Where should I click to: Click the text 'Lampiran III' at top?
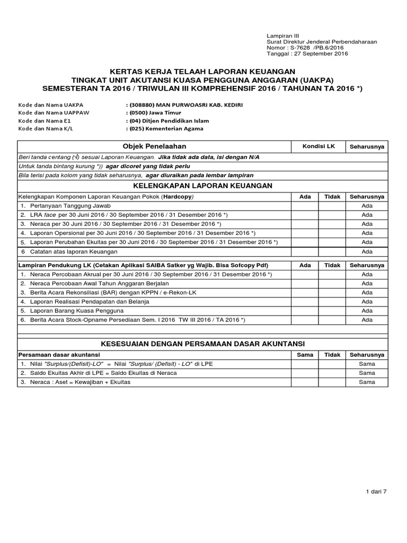pyautogui.click(x=283, y=34)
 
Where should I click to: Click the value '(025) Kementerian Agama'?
pyautogui.click(x=165, y=128)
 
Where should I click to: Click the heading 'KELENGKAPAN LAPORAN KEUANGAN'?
pyautogui.click(x=203, y=185)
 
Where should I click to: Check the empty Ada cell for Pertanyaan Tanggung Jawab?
pyautogui.click(x=305, y=206)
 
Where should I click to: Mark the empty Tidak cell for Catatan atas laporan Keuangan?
pyautogui.click(x=332, y=251)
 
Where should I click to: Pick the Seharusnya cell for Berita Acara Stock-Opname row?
pyautogui.click(x=367, y=320)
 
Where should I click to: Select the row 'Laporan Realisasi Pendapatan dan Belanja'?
pyautogui.click(x=89, y=301)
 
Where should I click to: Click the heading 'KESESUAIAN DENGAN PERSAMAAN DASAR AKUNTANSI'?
pyautogui.click(x=203, y=344)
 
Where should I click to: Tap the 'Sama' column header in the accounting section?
pyautogui.click(x=305, y=355)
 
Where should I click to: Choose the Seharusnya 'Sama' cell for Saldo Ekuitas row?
pyautogui.click(x=367, y=373)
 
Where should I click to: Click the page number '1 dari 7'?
pyautogui.click(x=377, y=492)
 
